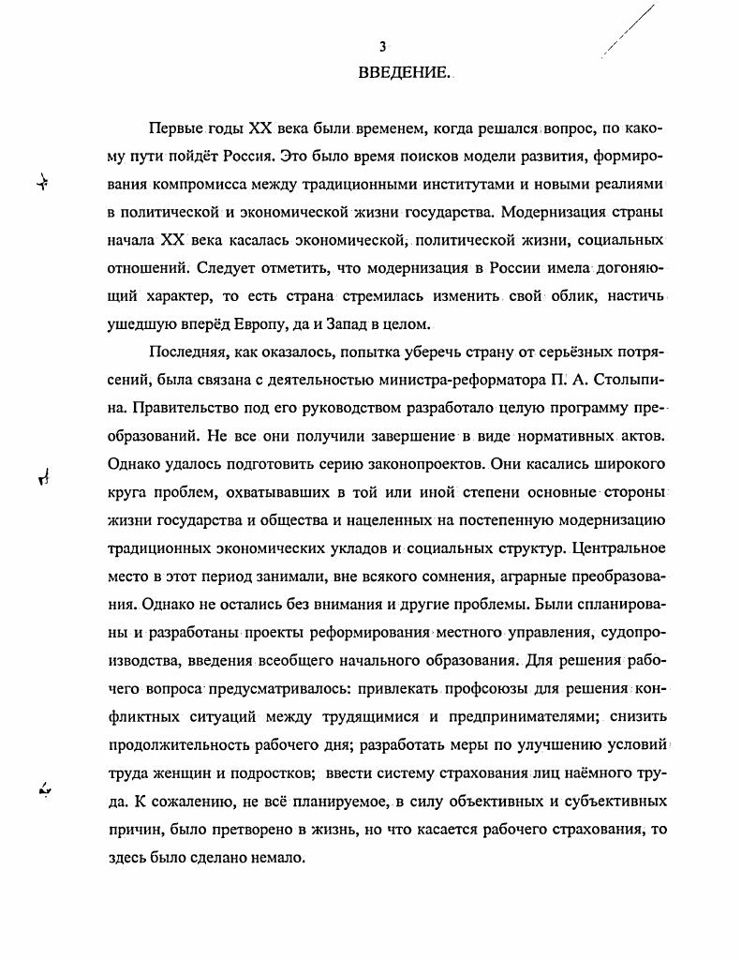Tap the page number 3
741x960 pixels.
pos(382,47)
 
